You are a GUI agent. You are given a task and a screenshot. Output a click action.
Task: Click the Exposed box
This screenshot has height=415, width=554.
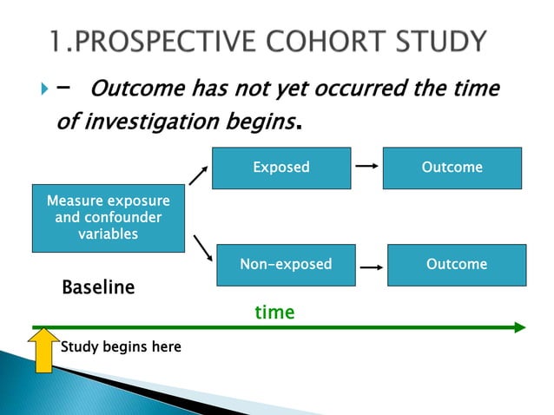(x=280, y=168)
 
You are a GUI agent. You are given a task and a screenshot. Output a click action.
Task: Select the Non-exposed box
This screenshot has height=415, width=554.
(x=286, y=264)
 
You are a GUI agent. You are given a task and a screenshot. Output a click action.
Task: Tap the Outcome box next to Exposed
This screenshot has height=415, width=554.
(x=452, y=168)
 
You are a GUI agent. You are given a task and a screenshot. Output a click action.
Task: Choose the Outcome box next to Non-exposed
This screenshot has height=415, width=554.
(x=456, y=264)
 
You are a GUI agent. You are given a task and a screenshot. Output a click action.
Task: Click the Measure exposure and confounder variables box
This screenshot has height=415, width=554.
(x=108, y=217)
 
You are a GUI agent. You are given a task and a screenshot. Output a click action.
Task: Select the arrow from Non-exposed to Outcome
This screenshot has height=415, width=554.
(x=372, y=268)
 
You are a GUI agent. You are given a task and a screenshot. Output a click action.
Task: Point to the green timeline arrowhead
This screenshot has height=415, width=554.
(x=519, y=327)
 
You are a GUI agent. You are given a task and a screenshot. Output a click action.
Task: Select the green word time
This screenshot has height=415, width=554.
(x=274, y=312)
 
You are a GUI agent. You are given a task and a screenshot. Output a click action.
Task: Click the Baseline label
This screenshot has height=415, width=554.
(x=98, y=287)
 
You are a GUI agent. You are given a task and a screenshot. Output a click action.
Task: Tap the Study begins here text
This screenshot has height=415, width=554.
(x=121, y=347)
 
